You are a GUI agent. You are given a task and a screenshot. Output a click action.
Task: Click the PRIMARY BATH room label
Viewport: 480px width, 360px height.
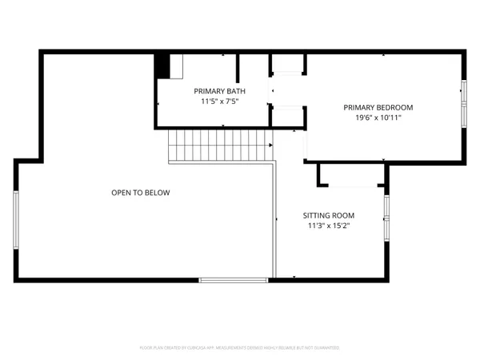pos(219,91)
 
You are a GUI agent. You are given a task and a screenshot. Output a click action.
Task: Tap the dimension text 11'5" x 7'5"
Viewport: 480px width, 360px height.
pos(219,102)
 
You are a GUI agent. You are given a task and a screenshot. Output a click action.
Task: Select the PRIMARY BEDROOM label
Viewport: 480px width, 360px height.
pos(378,107)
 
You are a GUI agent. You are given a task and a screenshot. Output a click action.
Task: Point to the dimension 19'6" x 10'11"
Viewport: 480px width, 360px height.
pos(378,118)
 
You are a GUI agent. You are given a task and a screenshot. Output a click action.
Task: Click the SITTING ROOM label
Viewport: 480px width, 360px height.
pos(328,215)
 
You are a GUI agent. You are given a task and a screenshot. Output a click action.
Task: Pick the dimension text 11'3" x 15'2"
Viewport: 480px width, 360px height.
pos(328,226)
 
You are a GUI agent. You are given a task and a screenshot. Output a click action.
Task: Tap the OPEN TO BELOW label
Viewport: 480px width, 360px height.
pos(140,193)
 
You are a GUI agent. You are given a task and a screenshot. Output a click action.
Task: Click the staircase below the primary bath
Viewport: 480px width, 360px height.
pos(220,146)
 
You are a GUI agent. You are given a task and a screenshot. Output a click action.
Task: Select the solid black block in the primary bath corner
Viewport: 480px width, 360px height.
pos(162,66)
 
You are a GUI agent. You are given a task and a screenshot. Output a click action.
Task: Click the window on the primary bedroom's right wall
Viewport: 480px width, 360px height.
pos(463,104)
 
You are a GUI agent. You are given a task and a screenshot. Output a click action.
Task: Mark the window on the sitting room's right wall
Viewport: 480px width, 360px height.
pos(386,218)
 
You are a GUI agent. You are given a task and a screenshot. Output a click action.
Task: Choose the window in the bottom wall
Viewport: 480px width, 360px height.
pos(234,280)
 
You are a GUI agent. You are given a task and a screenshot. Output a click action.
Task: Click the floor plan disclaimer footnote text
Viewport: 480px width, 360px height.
pos(240,348)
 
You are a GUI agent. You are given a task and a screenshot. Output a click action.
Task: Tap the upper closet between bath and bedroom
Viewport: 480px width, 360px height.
pos(288,65)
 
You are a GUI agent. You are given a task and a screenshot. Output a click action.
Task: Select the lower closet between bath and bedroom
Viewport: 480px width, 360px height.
pos(288,116)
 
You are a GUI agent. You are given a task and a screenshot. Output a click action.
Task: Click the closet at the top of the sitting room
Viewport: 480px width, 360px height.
pos(352,176)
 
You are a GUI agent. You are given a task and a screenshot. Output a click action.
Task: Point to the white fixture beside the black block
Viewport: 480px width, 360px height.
pos(177,66)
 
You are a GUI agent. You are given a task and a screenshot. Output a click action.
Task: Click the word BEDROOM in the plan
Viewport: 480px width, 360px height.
pos(395,107)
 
